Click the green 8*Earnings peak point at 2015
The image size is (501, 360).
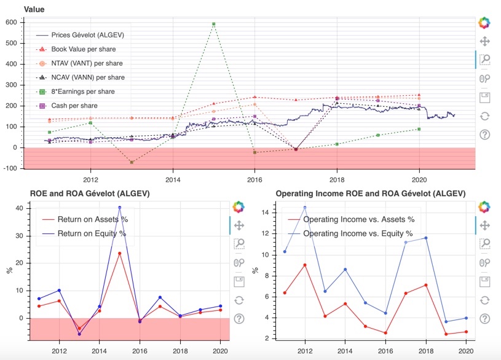pos(213,24)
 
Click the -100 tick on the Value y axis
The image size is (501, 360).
pos(10,168)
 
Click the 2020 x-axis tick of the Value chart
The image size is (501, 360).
pos(419,180)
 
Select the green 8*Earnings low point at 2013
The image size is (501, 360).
pos(132,162)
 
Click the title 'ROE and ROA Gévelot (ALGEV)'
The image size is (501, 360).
pos(91,194)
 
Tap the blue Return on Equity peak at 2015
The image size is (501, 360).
pos(120,208)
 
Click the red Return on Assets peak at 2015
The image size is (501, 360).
pos(120,253)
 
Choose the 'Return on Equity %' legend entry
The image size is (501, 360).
pos(91,233)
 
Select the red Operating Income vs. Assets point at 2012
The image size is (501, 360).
pos(304,265)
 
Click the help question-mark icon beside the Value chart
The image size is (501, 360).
pos(484,135)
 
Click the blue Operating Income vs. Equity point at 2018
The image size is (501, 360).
pos(425,238)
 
